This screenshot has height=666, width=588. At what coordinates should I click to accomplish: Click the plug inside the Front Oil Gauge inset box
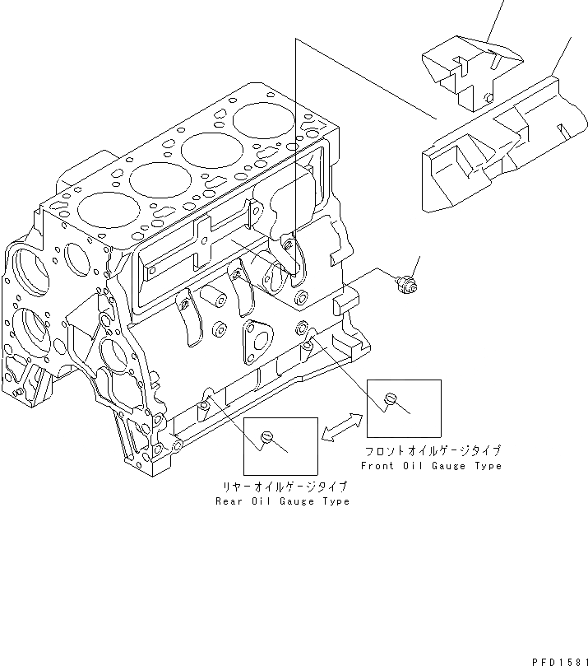pyautogui.click(x=391, y=399)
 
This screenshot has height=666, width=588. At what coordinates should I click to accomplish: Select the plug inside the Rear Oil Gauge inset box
pyautogui.click(x=266, y=436)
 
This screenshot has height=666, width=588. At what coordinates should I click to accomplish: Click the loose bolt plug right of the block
pyautogui.click(x=405, y=285)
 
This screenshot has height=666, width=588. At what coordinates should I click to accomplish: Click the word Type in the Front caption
pyautogui.click(x=486, y=466)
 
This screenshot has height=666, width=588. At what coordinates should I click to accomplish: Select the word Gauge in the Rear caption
pyautogui.click(x=293, y=501)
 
